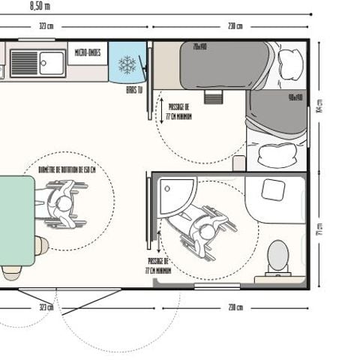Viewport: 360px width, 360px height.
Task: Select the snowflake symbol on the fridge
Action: (127, 64)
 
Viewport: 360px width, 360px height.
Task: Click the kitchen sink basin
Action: (52, 61)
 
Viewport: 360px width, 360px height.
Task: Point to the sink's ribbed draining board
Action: (24, 63)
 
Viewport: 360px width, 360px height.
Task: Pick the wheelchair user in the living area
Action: (61, 205)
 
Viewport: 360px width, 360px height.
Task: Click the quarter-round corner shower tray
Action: (175, 196)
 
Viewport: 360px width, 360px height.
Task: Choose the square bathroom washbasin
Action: (272, 189)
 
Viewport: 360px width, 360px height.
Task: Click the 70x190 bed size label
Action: (200, 46)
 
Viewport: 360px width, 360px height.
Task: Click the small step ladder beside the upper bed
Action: (214, 97)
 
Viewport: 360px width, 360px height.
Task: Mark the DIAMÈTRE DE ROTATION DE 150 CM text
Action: (67, 170)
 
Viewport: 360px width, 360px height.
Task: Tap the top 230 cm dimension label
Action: (235, 26)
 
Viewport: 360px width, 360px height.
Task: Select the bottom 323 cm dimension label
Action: (46, 307)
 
